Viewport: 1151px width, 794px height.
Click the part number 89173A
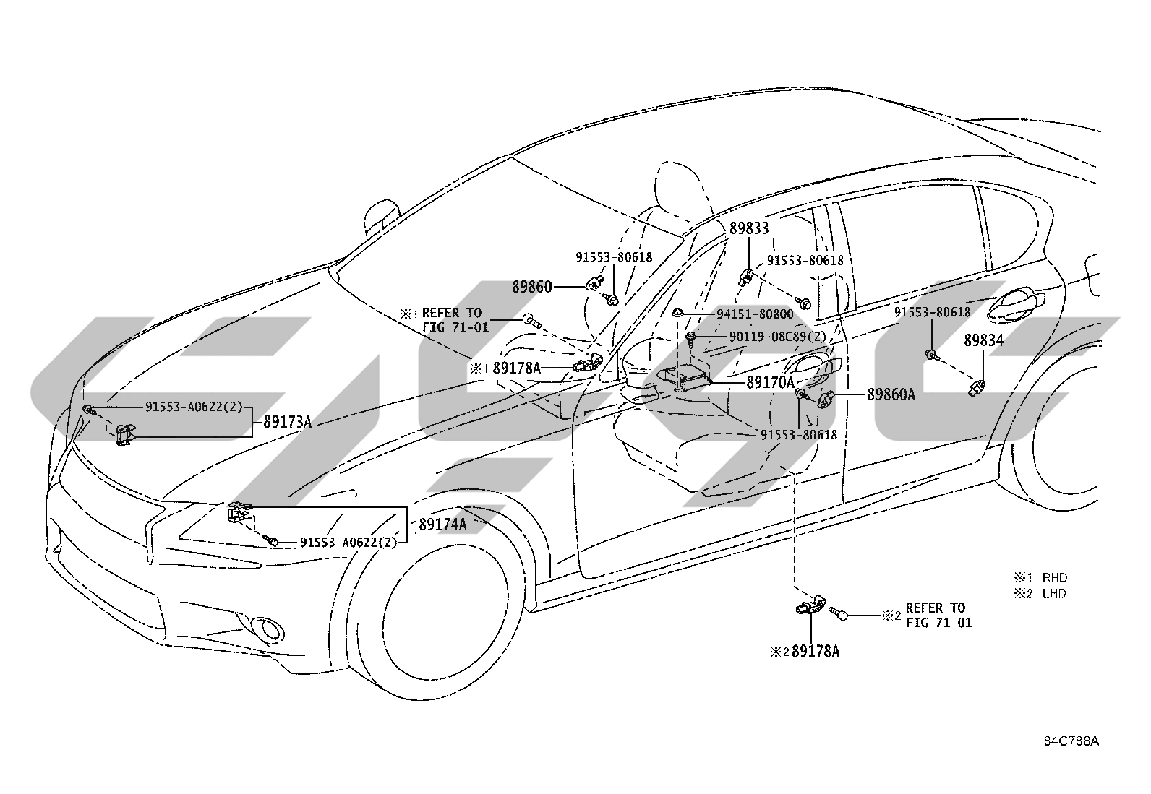coord(287,422)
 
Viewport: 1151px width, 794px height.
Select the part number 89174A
coord(443,525)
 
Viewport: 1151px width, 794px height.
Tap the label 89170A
coord(770,382)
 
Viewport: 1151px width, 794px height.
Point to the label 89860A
coord(891,394)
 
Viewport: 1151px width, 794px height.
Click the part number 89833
coord(749,228)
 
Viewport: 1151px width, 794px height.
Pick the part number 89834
coord(983,340)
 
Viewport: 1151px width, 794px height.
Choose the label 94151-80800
coord(755,314)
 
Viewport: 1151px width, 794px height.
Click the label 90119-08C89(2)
coord(778,337)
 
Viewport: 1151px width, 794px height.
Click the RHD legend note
coord(1040,577)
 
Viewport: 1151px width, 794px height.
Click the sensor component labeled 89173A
coord(125,434)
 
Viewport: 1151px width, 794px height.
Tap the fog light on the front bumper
coord(268,627)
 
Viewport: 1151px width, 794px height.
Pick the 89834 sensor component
coord(976,387)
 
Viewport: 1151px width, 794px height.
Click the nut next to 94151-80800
coord(678,312)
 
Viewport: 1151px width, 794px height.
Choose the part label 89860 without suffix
coord(532,287)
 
